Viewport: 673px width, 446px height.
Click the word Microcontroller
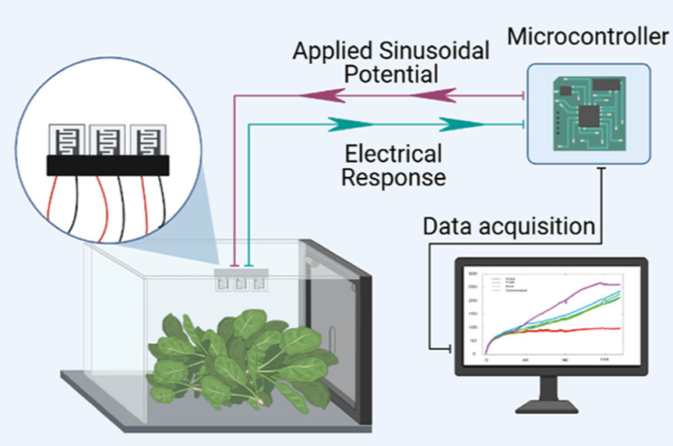coord(587,36)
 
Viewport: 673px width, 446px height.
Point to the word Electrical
coord(393,153)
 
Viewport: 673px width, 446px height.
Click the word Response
coord(394,177)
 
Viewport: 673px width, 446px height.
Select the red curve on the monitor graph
coord(569,330)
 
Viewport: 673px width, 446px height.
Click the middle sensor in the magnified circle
coord(103,140)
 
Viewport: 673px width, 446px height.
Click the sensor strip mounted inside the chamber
coord(241,280)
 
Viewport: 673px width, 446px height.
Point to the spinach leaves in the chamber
coord(234,355)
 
